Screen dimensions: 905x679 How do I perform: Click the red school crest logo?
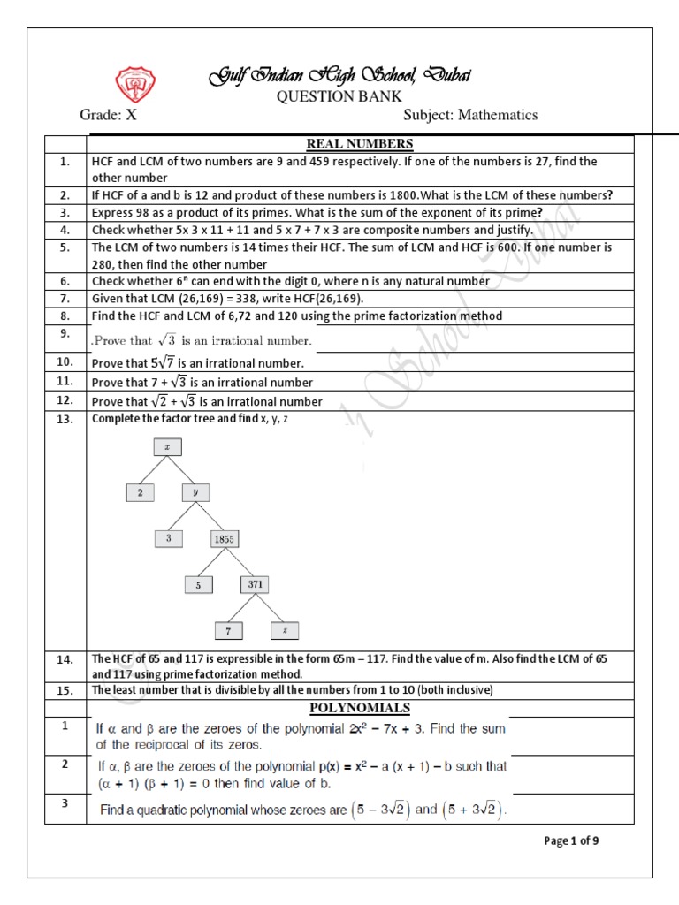[x=136, y=83]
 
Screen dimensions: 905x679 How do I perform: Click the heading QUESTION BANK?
[x=339, y=95]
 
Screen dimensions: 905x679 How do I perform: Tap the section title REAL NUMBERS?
[x=359, y=144]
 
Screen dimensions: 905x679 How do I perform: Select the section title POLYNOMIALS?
[x=359, y=708]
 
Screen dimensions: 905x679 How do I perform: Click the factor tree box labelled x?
[x=167, y=447]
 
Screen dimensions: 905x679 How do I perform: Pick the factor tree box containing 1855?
[x=225, y=537]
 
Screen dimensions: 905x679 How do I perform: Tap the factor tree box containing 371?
[x=255, y=584]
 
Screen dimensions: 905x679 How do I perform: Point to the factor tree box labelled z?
[x=285, y=630]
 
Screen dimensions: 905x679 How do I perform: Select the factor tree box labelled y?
[x=197, y=491]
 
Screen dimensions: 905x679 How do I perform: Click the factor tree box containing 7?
[x=229, y=630]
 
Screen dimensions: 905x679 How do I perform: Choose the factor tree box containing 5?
[x=198, y=584]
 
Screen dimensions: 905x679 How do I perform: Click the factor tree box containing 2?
[x=140, y=491]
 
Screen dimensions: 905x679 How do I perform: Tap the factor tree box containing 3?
[x=167, y=537]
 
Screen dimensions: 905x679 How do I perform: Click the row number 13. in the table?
[x=64, y=420]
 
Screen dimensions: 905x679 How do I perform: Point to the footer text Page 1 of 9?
[x=572, y=840]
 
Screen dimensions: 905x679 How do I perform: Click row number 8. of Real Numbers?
[x=64, y=316]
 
